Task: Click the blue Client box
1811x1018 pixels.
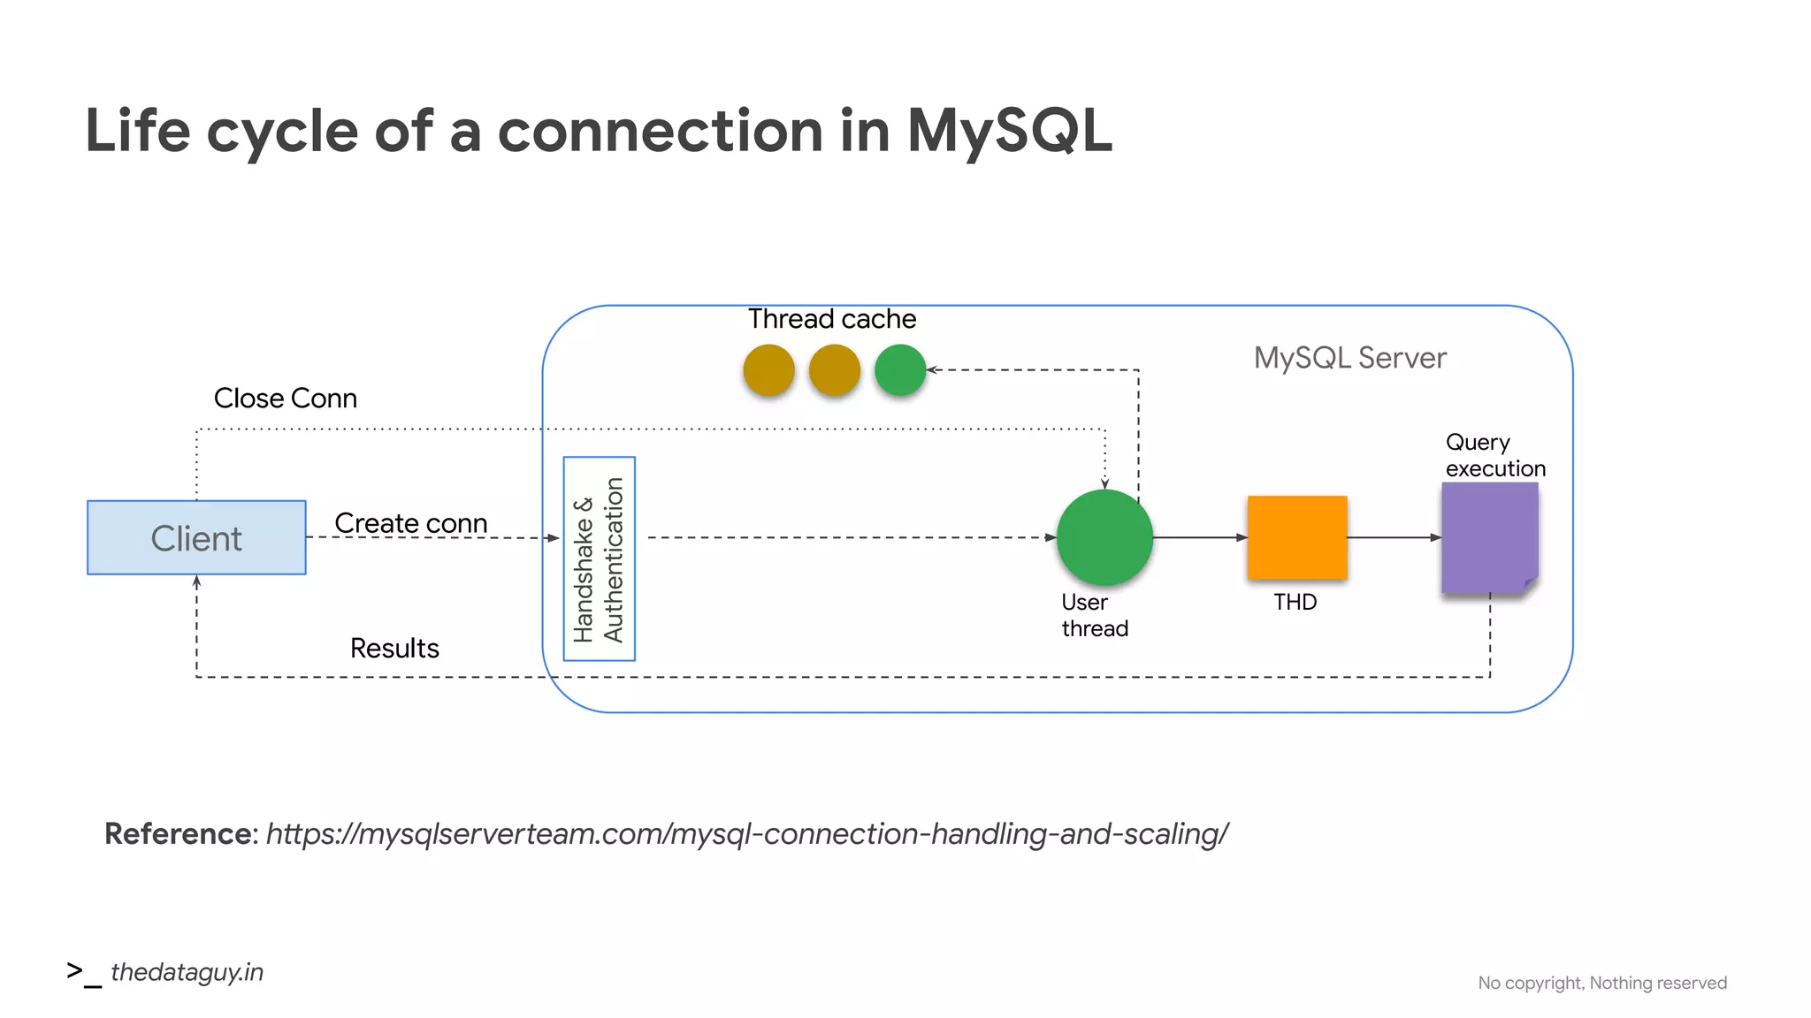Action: click(196, 537)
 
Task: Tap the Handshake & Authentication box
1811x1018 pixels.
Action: click(599, 558)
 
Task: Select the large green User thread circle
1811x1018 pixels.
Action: click(1104, 537)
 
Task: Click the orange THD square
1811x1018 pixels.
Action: click(1296, 537)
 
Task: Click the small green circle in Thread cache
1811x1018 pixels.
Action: click(899, 369)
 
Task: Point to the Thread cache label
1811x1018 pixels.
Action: click(831, 319)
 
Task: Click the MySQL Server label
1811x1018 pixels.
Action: click(1349, 358)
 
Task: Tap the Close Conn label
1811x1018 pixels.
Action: click(285, 399)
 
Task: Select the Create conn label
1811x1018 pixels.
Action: click(410, 523)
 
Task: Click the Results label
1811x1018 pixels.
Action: click(394, 649)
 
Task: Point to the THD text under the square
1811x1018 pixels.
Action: click(1295, 603)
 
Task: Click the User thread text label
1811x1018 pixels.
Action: click(1094, 615)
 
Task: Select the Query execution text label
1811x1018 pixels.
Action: click(1494, 455)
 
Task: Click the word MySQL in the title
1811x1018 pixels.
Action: click(1008, 131)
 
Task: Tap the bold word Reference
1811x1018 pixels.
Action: click(179, 834)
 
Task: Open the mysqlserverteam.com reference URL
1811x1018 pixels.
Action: click(747, 834)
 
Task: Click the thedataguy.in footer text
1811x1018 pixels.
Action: click(187, 972)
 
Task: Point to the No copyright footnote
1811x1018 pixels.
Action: click(1601, 983)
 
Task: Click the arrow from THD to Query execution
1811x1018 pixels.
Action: click(1394, 537)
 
